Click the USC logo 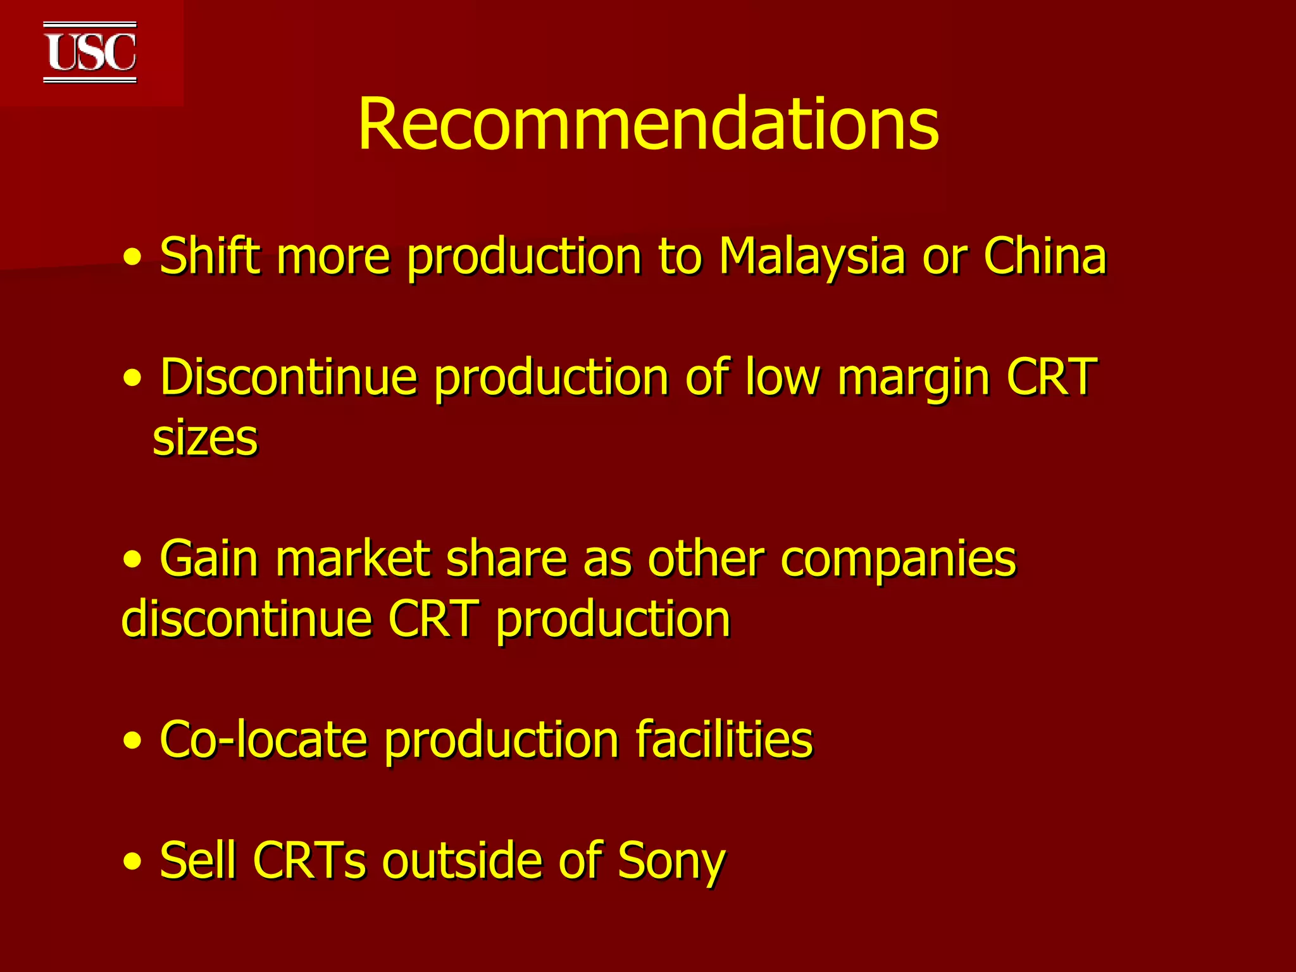(x=90, y=53)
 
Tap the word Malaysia (x=812, y=256)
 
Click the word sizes (x=205, y=438)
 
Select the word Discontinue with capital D (x=289, y=377)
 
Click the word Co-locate (x=263, y=739)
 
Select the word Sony (x=671, y=861)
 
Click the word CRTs (x=309, y=860)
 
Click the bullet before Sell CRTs (x=133, y=862)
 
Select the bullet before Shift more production (x=133, y=258)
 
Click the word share (x=506, y=559)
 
